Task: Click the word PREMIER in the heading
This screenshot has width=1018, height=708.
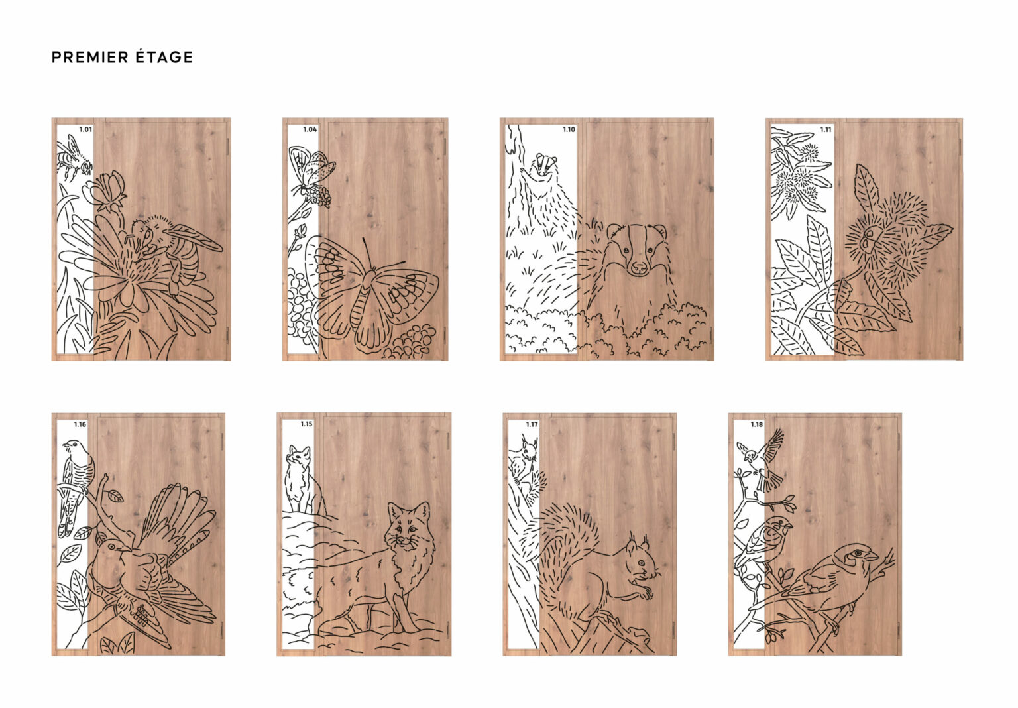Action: click(x=90, y=57)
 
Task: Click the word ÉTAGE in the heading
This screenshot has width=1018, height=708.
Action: click(x=164, y=57)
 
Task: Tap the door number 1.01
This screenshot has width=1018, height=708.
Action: click(x=85, y=129)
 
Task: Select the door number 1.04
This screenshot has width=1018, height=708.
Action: click(x=310, y=129)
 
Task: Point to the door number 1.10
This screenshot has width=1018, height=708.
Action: click(x=569, y=129)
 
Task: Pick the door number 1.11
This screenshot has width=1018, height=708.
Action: click(x=826, y=129)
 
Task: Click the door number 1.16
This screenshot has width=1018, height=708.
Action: click(x=80, y=424)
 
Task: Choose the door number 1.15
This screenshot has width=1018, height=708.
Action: click(x=306, y=424)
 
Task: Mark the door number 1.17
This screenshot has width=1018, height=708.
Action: click(x=532, y=424)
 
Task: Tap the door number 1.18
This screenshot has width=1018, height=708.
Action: click(x=757, y=424)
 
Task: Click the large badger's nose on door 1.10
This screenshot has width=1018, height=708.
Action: click(x=639, y=266)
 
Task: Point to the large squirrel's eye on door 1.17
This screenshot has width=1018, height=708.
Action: click(x=641, y=563)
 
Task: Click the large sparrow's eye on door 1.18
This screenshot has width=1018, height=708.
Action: click(x=857, y=553)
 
